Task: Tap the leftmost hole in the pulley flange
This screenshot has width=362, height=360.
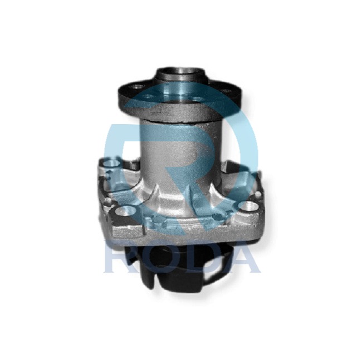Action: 138,87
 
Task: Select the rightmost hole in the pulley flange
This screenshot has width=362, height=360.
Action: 225,91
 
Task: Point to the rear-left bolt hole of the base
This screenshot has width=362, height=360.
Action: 111,164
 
